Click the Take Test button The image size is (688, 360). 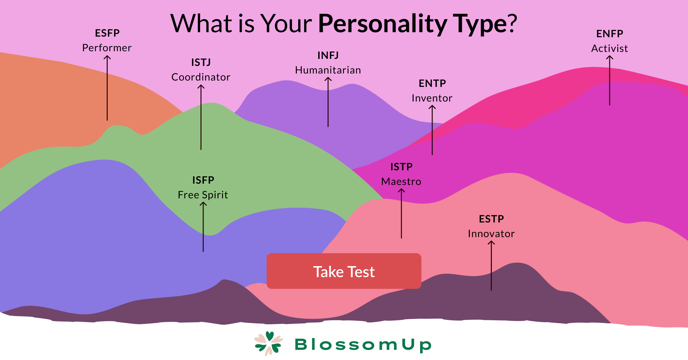tap(344, 271)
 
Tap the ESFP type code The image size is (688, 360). tap(107, 33)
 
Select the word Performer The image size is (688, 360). tap(107, 48)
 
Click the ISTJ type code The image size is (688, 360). tap(201, 62)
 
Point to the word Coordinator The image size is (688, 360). tap(201, 77)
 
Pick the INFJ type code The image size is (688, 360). tap(328, 55)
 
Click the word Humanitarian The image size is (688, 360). tap(328, 70)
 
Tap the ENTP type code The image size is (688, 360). tap(432, 83)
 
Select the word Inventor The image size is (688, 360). tap(432, 98)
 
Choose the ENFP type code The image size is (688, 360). tap(610, 34)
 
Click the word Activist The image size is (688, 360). tap(610, 48)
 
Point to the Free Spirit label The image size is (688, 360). tap(203, 195)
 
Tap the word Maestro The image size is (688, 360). tap(401, 181)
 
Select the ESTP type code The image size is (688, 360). tap(491, 219)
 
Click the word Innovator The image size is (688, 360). tap(491, 234)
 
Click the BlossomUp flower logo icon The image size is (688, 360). tap(269, 343)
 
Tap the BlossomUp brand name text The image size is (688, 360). tap(363, 345)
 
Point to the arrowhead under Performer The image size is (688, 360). tap(107, 58)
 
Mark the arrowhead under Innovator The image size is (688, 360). tap(491, 243)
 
